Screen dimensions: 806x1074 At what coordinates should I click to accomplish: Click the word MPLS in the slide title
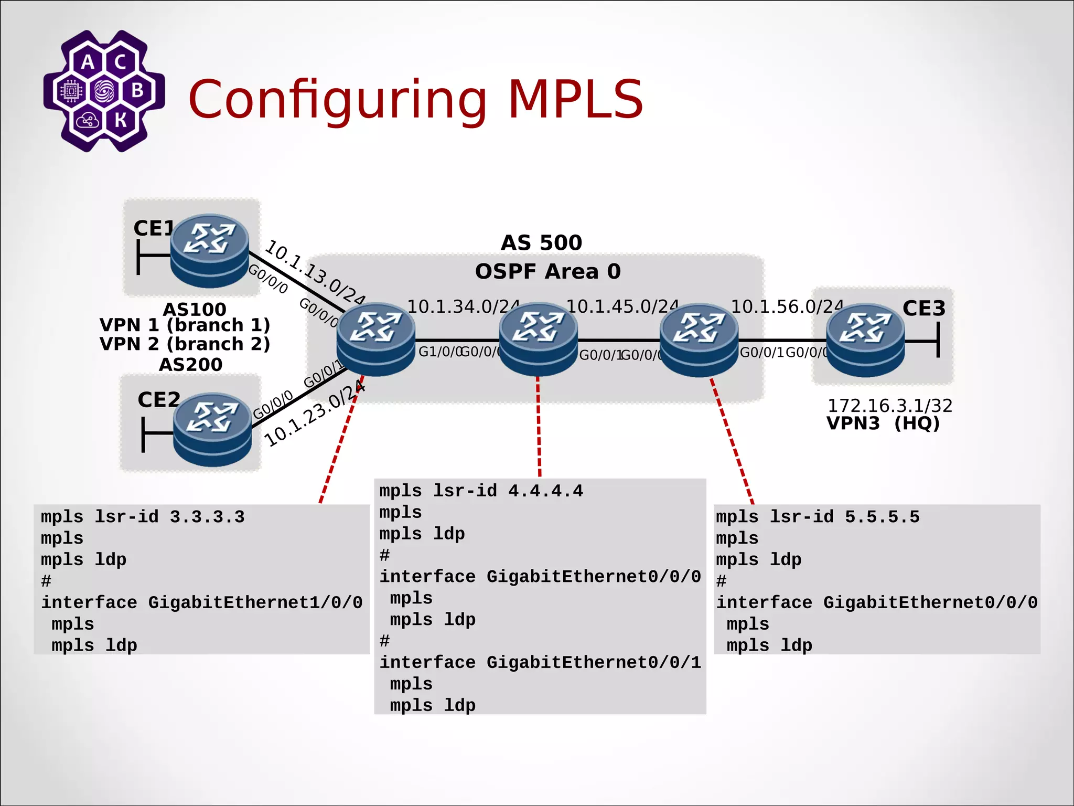point(575,99)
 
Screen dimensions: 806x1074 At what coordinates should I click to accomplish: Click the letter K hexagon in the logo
point(121,120)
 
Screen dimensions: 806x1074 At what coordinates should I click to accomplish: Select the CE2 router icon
point(212,429)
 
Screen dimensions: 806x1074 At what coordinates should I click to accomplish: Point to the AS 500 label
point(541,242)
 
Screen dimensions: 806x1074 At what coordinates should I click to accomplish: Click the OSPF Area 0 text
point(547,271)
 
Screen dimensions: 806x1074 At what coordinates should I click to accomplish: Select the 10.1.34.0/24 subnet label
point(463,306)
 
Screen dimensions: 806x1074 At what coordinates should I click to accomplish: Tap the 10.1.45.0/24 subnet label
point(622,306)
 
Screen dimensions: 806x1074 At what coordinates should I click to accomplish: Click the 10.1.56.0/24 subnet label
point(787,306)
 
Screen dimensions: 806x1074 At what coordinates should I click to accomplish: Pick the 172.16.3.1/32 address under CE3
point(889,405)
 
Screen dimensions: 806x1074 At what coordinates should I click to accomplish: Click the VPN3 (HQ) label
point(883,423)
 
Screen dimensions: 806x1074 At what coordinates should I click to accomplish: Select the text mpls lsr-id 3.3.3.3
point(143,517)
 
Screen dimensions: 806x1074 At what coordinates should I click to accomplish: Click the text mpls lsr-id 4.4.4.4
point(481,491)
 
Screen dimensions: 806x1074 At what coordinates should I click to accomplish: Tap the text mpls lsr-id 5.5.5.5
point(818,517)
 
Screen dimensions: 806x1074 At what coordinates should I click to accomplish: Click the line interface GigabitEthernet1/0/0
point(202,602)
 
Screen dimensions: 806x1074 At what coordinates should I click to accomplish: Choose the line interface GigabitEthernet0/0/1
point(540,662)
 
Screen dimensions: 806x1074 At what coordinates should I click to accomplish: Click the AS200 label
point(190,364)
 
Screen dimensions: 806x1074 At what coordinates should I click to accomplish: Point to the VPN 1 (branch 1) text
point(185,325)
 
